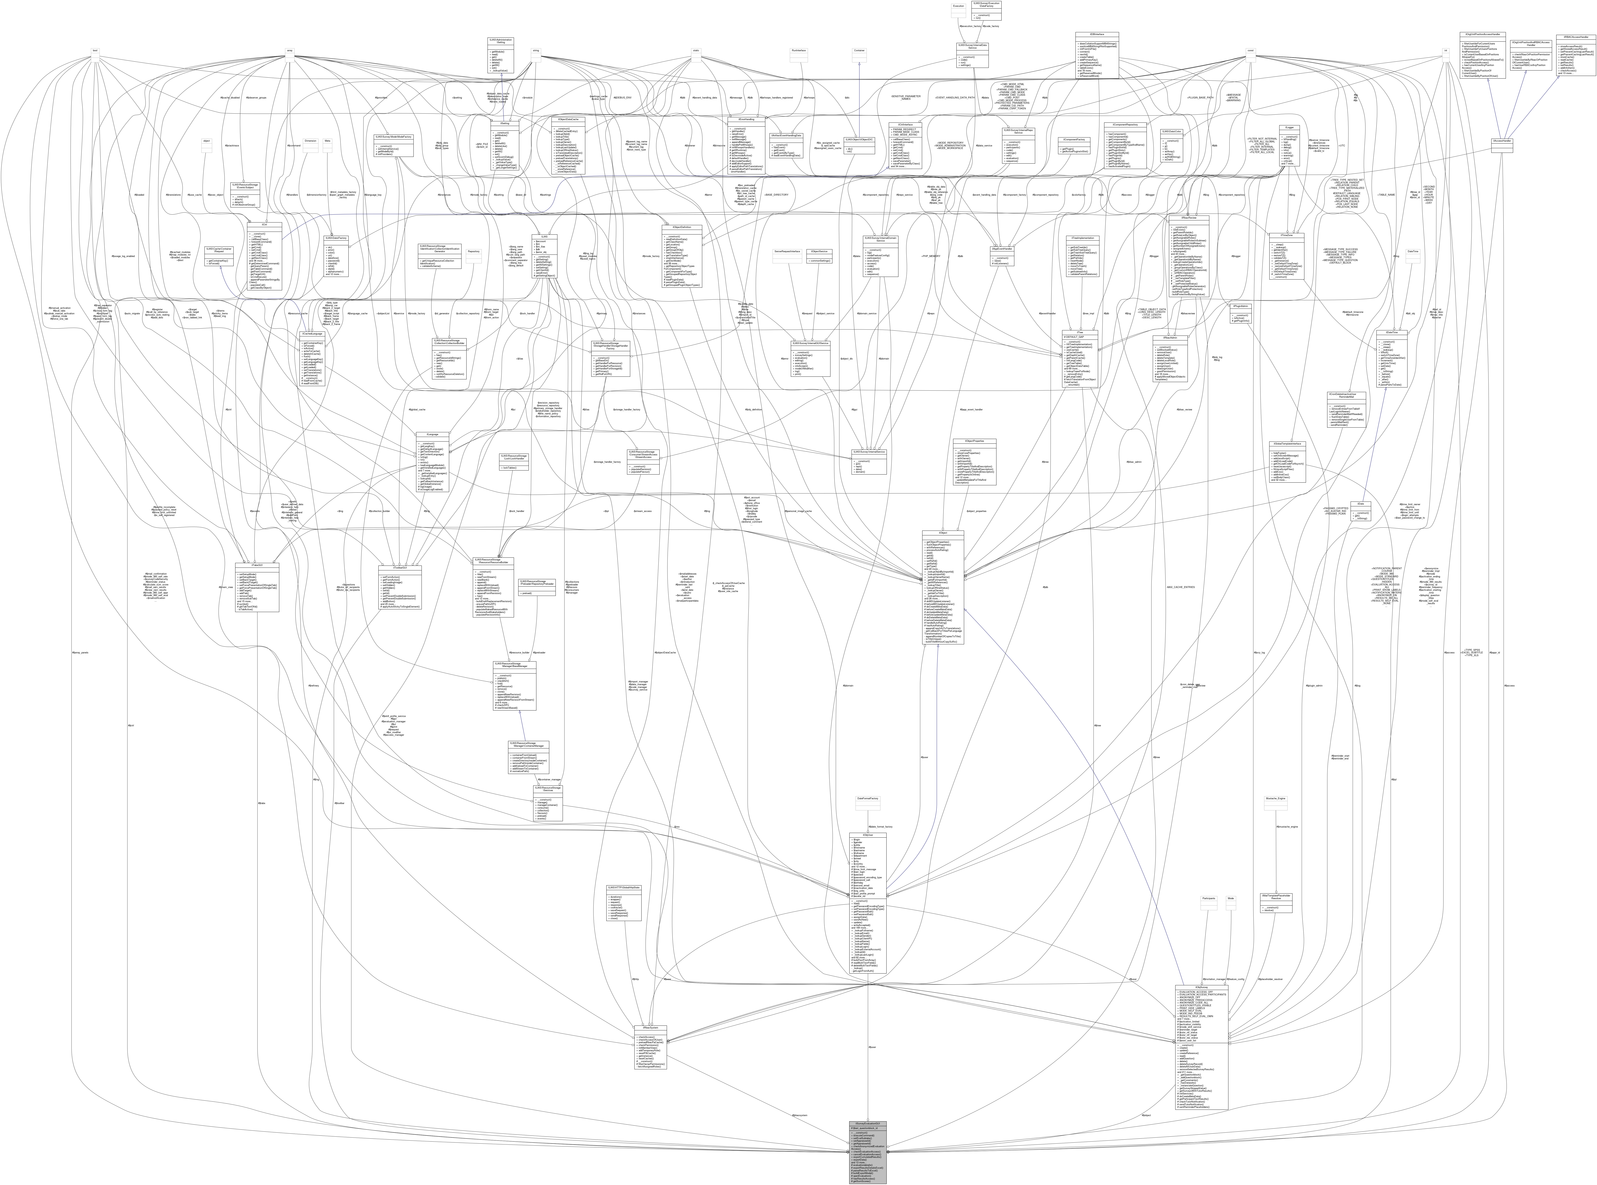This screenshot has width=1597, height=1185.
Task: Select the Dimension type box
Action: click(310, 141)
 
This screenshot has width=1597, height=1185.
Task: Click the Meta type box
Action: click(328, 141)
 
